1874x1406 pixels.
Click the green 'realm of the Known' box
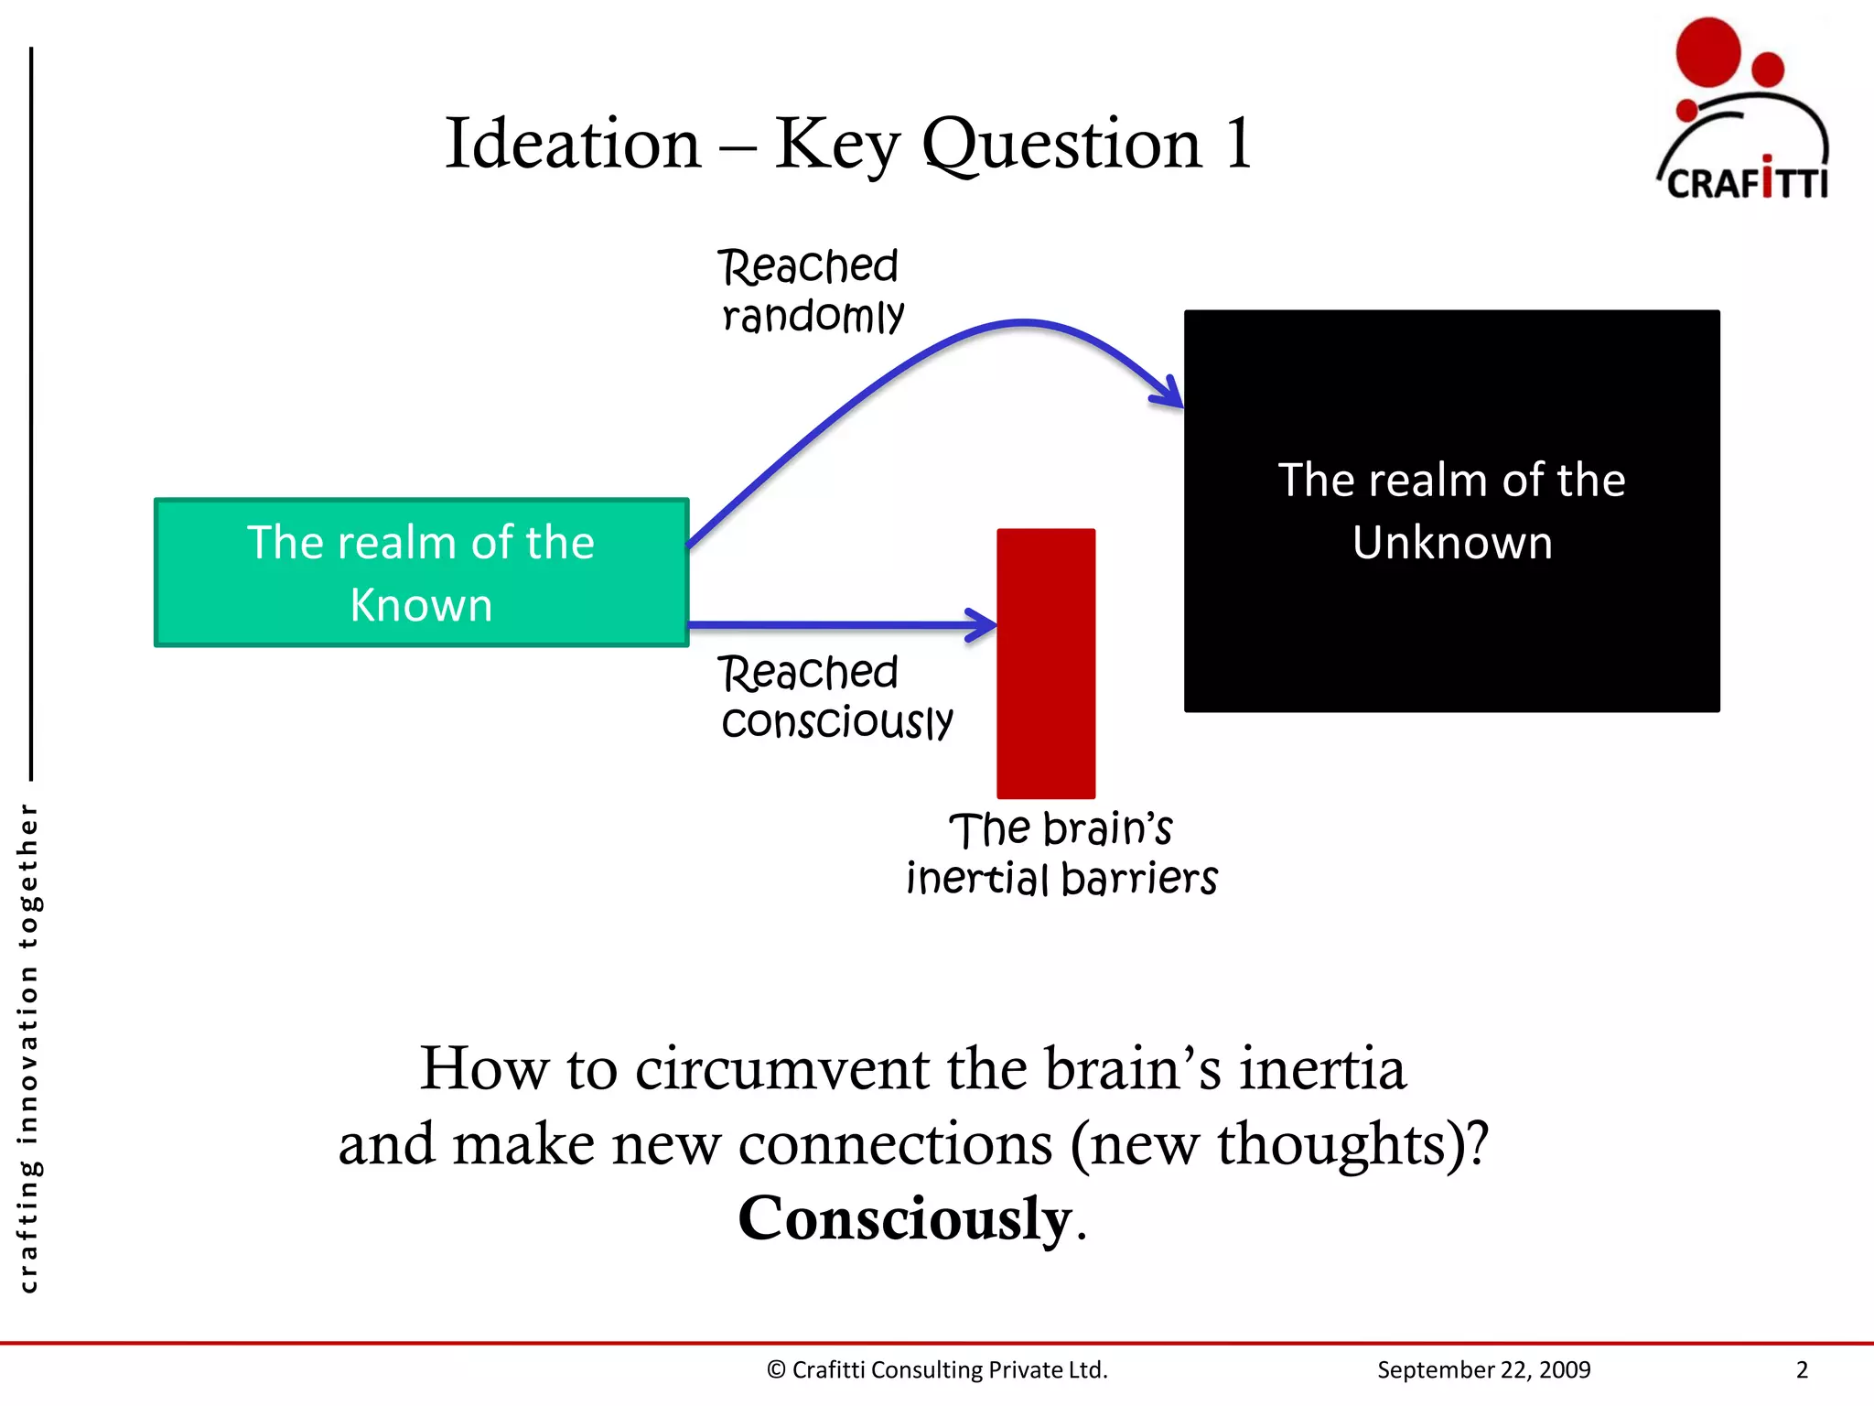pos(421,573)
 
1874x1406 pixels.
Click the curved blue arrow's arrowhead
pos(1169,394)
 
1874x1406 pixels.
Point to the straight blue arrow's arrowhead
pos(984,625)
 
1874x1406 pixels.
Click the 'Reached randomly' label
pos(811,291)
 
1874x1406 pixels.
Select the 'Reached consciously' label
pos(835,698)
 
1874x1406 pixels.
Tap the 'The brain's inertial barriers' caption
pos(1061,854)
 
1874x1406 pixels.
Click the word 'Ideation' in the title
pos(573,145)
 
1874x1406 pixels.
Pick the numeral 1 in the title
pos(1239,144)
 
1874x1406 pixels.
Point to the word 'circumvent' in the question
pos(781,1069)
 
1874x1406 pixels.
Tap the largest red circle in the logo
pos(1707,51)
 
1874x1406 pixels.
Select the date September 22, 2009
pos(1483,1369)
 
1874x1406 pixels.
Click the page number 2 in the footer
pos(1802,1369)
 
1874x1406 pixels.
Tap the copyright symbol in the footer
pos(776,1369)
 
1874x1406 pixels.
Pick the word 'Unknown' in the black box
pos(1452,543)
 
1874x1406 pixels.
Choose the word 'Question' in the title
pos(1061,145)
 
